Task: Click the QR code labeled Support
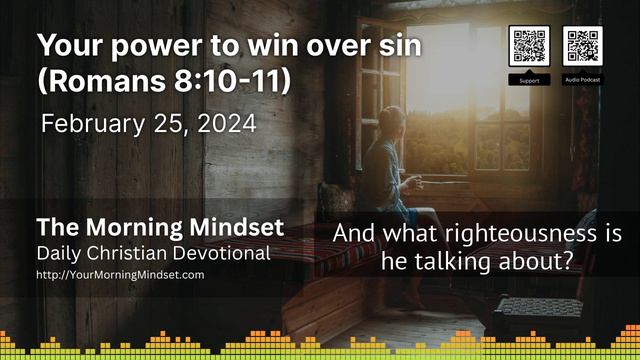click(x=529, y=46)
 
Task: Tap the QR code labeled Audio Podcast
click(x=582, y=46)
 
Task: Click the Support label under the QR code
click(x=529, y=78)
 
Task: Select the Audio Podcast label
click(x=582, y=78)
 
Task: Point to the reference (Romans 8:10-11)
click(x=164, y=82)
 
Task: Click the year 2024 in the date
click(x=229, y=125)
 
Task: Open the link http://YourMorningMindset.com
click(x=119, y=273)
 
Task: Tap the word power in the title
click(x=146, y=46)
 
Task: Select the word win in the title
click(x=268, y=46)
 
